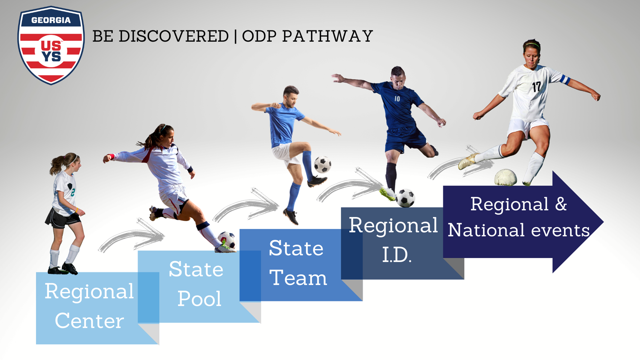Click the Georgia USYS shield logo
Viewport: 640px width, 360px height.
pos(51,45)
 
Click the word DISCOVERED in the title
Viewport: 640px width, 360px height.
pos(173,36)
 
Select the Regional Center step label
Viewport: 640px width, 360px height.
pos(89,306)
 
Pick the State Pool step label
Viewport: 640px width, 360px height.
pos(197,284)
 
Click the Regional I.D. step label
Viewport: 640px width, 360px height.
pos(393,240)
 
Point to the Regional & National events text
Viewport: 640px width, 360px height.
pos(518,217)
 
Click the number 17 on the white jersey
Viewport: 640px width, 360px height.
pos(536,87)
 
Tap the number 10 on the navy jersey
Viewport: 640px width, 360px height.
pos(397,99)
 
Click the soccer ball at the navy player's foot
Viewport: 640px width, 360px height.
pos(406,198)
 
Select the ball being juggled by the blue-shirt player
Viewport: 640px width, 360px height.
pos(323,165)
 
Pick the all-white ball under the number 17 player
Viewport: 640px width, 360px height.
pos(505,178)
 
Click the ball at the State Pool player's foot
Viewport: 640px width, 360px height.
pos(226,240)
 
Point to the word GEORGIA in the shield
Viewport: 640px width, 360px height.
pos(51,20)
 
